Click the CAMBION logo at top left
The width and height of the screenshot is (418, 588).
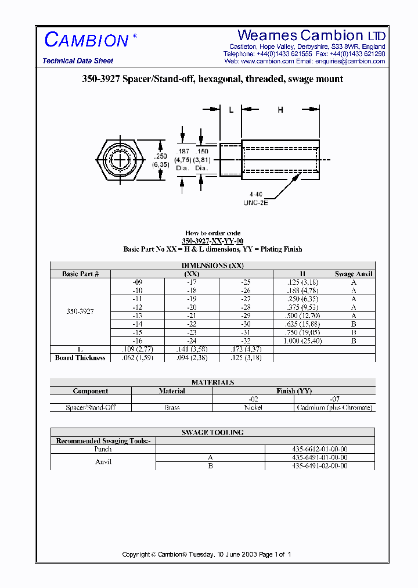(x=87, y=40)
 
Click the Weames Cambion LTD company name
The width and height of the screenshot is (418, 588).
(x=311, y=35)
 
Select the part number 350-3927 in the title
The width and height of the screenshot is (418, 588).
(x=100, y=79)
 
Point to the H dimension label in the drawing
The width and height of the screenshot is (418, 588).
(x=280, y=110)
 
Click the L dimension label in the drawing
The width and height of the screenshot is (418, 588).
(x=230, y=110)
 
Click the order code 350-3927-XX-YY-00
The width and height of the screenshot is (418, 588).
(x=212, y=241)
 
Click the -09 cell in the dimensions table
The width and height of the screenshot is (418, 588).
(x=138, y=282)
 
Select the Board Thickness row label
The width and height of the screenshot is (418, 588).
(x=80, y=358)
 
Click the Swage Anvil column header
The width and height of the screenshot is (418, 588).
(x=354, y=274)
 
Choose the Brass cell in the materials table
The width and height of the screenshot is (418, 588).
(x=172, y=407)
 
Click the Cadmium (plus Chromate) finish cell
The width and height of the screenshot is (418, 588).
(x=334, y=407)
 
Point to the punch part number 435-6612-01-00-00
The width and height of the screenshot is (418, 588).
(x=319, y=449)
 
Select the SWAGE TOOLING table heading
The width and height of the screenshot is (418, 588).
(x=212, y=432)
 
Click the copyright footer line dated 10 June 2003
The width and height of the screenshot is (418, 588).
(x=206, y=554)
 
